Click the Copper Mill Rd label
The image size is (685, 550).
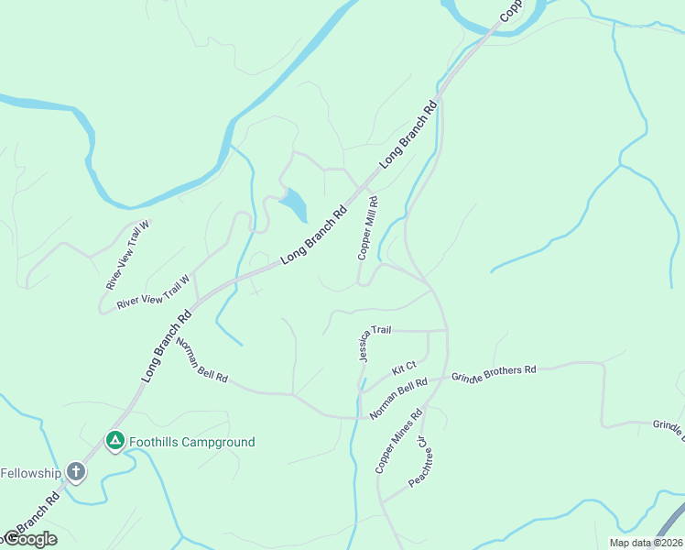point(368,227)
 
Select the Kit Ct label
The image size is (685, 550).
point(404,368)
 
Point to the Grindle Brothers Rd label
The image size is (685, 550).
point(493,373)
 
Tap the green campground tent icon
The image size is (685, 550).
point(114,442)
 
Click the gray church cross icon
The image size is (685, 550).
point(75,473)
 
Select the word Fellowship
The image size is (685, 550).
point(30,473)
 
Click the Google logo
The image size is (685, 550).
point(30,539)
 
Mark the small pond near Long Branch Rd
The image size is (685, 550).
point(294,204)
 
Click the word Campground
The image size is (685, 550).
point(218,442)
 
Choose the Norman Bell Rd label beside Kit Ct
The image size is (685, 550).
point(399,399)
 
